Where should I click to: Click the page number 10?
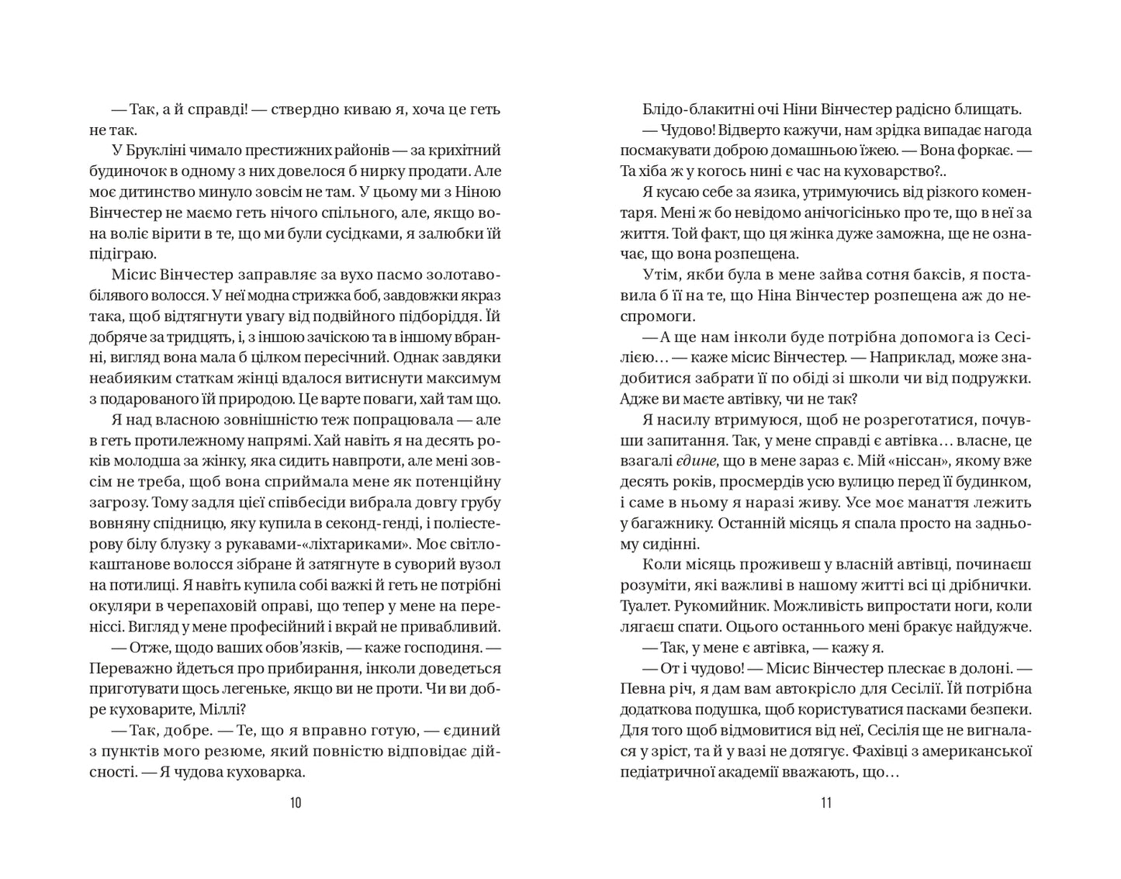[x=295, y=802]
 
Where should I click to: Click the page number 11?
[x=825, y=802]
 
